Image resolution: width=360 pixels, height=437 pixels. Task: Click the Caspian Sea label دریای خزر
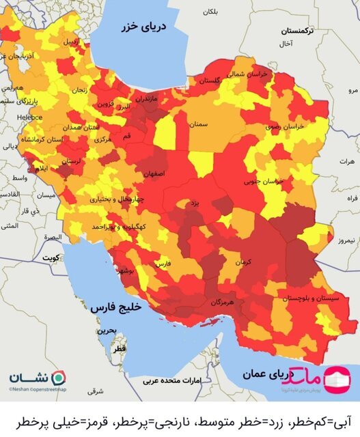click(x=159, y=27)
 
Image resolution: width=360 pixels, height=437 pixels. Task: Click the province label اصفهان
click(x=154, y=173)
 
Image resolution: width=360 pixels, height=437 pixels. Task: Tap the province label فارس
click(x=163, y=262)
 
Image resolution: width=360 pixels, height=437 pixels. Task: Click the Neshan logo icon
click(x=60, y=378)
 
